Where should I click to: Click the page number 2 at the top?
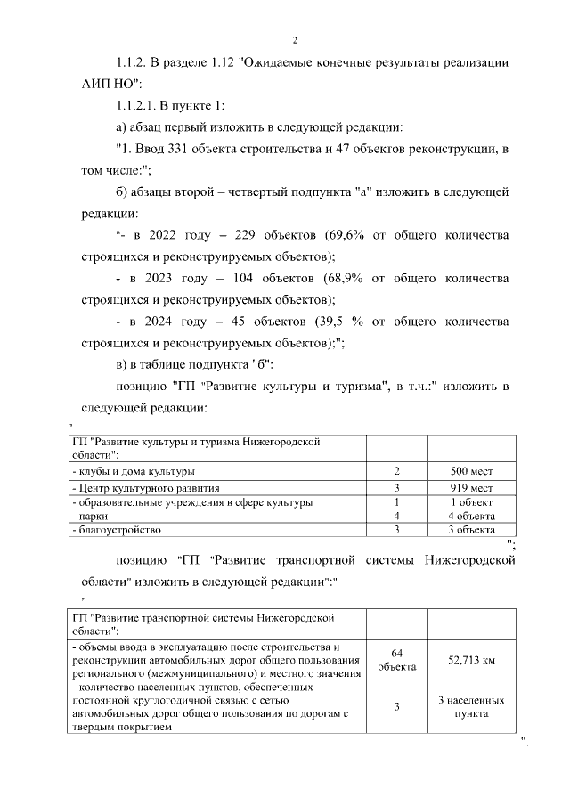[294, 40]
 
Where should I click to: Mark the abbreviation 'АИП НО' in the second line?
[89, 85]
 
